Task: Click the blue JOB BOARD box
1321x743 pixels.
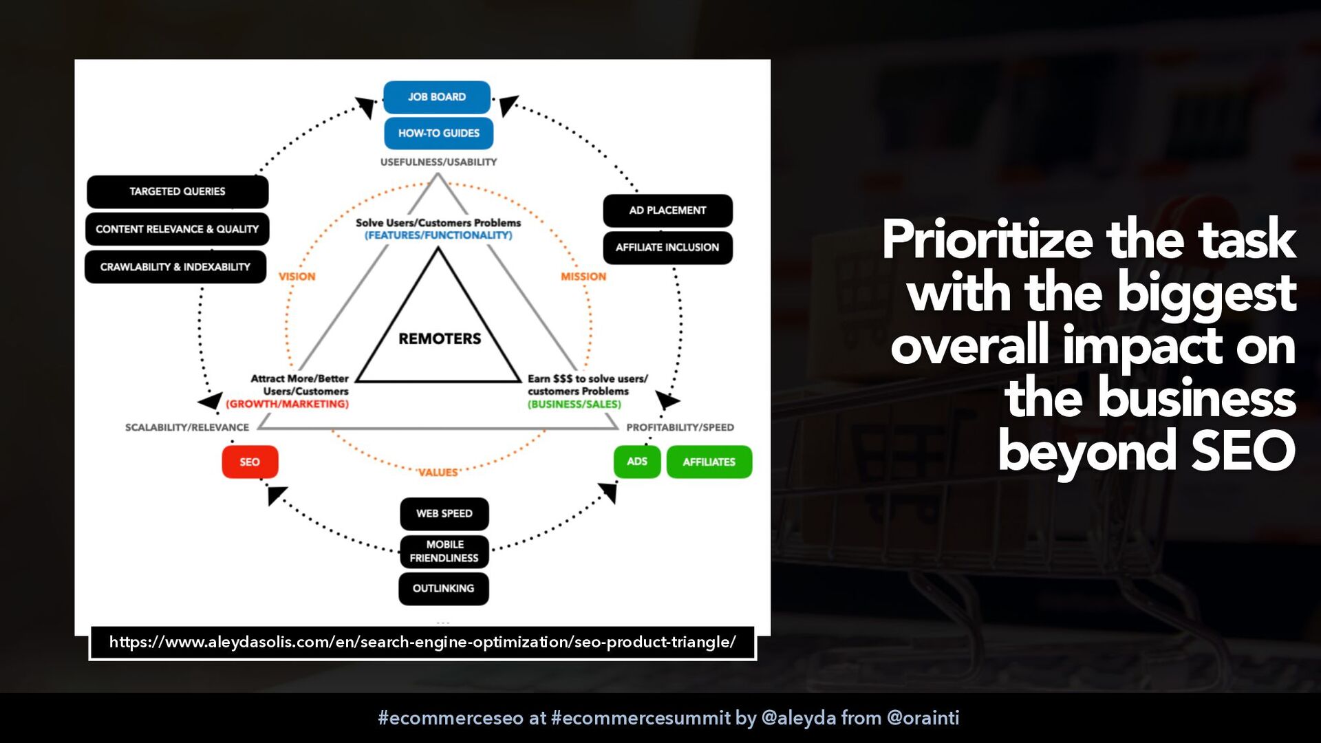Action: point(437,97)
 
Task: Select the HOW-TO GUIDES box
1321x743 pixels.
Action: point(438,133)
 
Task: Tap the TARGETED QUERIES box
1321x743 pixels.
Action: point(178,191)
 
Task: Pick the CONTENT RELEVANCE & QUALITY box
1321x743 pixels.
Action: point(177,229)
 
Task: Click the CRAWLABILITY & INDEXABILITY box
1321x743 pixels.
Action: point(175,267)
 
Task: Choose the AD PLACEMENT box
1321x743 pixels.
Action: point(667,211)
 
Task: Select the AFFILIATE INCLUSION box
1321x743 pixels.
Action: point(667,248)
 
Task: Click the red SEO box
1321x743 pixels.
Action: point(250,462)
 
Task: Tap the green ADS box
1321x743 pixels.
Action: point(637,462)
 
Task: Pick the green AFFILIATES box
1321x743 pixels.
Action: point(709,462)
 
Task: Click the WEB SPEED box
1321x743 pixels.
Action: point(444,514)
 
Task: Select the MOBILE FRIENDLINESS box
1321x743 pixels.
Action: point(444,551)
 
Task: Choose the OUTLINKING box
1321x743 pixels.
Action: point(444,589)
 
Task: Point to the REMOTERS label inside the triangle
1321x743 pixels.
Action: point(440,338)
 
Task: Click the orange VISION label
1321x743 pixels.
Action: point(297,277)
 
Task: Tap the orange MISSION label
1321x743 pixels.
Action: point(583,277)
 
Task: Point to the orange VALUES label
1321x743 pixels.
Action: point(438,473)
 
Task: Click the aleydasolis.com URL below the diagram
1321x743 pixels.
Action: point(422,643)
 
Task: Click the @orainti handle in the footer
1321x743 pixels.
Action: point(923,718)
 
